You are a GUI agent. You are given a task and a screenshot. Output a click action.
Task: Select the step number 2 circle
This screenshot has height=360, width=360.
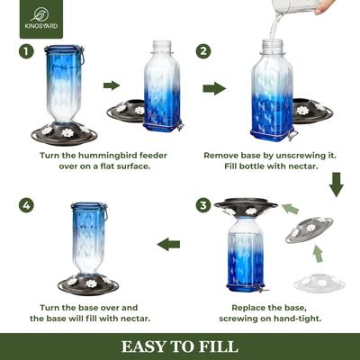[203, 51]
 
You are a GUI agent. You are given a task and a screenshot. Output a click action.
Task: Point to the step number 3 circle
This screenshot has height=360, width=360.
[203, 205]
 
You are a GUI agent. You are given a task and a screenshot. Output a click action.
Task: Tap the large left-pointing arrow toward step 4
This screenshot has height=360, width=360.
[169, 244]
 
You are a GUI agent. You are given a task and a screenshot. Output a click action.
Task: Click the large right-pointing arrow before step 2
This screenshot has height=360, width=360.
[214, 89]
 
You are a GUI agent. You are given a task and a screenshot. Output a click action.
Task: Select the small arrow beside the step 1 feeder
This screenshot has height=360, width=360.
[112, 85]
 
